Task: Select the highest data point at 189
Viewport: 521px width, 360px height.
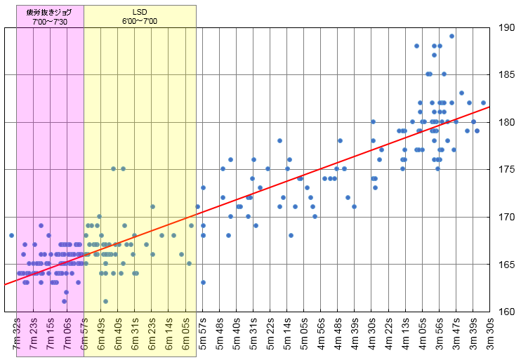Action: pyautogui.click(x=451, y=36)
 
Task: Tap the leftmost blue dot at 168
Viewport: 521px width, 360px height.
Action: pyautogui.click(x=11, y=236)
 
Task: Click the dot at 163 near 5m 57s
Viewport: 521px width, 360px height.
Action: pyautogui.click(x=203, y=283)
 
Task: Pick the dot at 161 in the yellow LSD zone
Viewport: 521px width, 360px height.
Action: pyautogui.click(x=105, y=302)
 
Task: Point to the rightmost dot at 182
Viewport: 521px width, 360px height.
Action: pyautogui.click(x=483, y=103)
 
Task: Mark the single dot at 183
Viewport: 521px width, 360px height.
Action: pyautogui.click(x=461, y=93)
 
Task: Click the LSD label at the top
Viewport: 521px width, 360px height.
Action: pyautogui.click(x=140, y=13)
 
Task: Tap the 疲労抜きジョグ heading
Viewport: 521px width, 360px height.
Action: pyautogui.click(x=49, y=13)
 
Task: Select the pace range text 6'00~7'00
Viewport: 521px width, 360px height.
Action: pyautogui.click(x=140, y=22)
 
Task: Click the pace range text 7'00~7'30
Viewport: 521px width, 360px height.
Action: pyautogui.click(x=50, y=22)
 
